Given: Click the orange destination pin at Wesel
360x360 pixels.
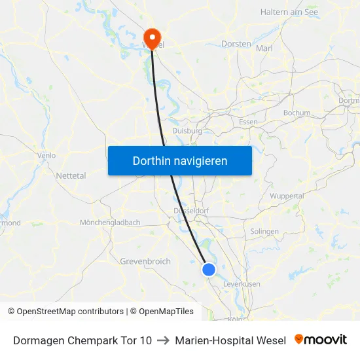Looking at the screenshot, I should [153, 37].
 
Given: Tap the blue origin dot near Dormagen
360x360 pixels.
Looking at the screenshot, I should [209, 270].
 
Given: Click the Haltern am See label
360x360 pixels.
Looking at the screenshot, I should [288, 12].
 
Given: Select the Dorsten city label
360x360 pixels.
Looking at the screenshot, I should [237, 44].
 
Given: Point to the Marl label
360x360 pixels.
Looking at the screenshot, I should [264, 48].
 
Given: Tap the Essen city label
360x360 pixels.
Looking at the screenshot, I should [248, 122].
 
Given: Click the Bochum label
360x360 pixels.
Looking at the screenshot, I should [297, 113].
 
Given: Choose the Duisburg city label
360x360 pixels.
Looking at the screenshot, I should [187, 130].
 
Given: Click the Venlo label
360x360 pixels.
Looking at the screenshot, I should [46, 155].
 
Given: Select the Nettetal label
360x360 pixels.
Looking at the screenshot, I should [71, 176].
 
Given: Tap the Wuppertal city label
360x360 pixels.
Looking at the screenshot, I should [287, 196].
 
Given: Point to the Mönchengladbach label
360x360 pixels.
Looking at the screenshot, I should [109, 223].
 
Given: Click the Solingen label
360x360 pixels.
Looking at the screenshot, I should [264, 231].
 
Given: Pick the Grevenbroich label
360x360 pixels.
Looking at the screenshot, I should [145, 261].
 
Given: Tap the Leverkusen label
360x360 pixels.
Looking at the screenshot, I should [242, 284].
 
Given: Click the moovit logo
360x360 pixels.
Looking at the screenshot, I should [321, 340].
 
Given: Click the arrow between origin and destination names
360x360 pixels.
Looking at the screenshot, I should [163, 340].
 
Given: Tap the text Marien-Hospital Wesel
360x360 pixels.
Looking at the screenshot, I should [230, 340].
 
